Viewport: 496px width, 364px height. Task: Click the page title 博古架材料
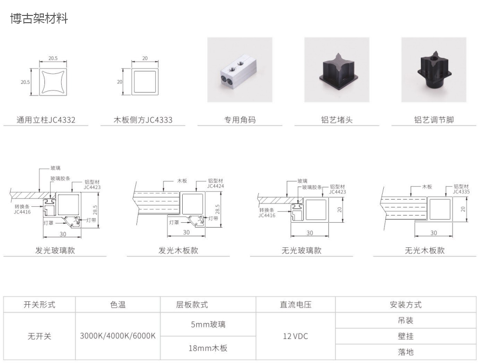coord(39,18)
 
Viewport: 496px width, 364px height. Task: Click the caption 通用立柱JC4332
coord(46,120)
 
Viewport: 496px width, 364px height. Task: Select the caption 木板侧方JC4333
coord(143,120)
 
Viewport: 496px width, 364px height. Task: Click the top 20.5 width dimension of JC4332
coord(53,58)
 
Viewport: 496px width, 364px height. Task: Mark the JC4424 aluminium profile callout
coord(215,183)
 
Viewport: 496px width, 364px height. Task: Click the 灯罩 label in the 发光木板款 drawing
coord(174,223)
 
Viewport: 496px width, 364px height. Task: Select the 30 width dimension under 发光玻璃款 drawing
coord(63,234)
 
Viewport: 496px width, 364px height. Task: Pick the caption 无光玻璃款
coord(301,250)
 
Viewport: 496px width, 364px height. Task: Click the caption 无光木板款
coord(425,250)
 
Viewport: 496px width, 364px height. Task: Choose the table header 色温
coord(118,305)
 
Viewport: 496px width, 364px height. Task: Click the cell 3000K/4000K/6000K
coord(118,336)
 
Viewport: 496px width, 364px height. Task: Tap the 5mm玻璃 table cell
coord(208,324)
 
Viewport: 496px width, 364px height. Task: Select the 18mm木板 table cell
coord(208,348)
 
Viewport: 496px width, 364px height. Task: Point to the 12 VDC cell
coord(295,336)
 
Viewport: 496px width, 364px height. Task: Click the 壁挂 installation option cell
coord(405,336)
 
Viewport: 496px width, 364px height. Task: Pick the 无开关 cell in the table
coord(39,336)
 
